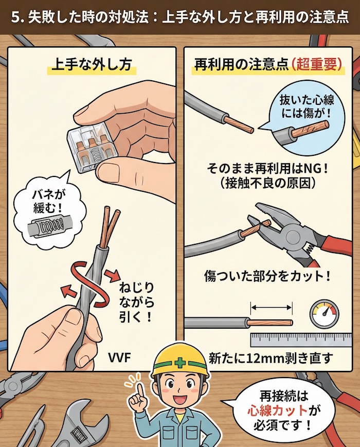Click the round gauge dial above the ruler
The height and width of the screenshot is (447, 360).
[325, 314]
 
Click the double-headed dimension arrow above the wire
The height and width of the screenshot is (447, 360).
[272, 308]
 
